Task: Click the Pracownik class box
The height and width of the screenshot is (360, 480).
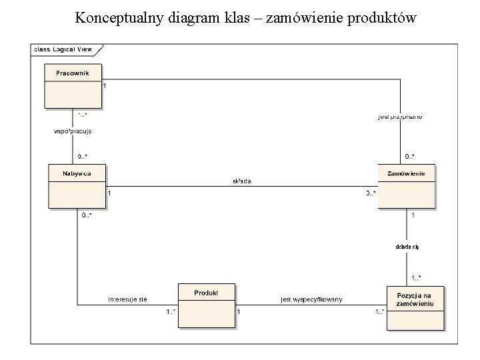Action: tap(73, 85)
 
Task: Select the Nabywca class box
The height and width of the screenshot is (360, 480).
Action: tap(78, 186)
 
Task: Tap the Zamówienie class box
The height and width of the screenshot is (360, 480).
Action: tap(405, 186)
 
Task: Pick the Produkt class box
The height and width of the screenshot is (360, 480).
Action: tap(206, 305)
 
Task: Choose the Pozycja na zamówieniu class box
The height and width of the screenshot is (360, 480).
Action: tap(415, 307)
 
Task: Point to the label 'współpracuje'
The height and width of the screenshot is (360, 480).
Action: tap(72, 131)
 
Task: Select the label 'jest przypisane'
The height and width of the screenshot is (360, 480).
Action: tap(400, 117)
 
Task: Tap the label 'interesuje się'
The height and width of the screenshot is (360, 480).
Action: tap(127, 299)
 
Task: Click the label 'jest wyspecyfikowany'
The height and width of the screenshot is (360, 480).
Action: tap(311, 299)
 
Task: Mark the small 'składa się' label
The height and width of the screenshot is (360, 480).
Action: tap(407, 247)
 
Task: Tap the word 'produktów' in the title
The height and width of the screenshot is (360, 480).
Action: tap(382, 18)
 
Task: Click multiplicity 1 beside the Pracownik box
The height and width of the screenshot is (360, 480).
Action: tap(105, 86)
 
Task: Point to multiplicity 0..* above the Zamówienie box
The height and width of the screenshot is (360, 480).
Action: tap(409, 157)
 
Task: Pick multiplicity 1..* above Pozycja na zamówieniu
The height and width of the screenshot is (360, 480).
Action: tap(416, 278)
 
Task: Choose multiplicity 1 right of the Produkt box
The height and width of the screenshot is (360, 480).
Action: tap(239, 311)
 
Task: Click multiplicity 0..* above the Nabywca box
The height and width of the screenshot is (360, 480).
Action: tap(82, 157)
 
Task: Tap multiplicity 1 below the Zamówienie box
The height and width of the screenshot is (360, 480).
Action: tap(413, 215)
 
